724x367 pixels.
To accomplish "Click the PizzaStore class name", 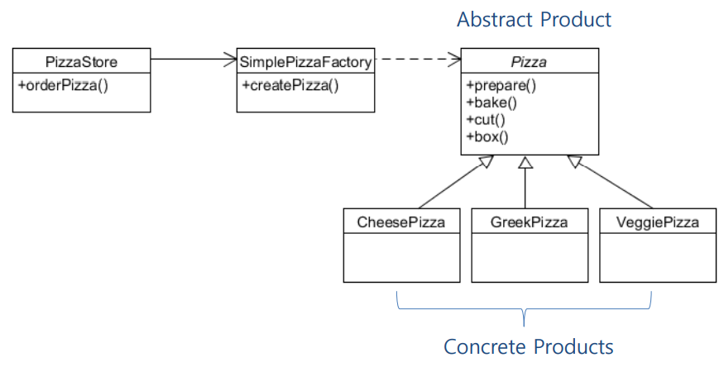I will (x=81, y=61).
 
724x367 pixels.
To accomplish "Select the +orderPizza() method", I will (x=63, y=84).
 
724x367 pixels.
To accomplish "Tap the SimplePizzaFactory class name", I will (x=305, y=61).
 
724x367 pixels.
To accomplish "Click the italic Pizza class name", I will (x=530, y=61).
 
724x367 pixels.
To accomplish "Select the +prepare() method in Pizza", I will (x=501, y=84).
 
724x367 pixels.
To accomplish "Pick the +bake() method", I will (x=491, y=102).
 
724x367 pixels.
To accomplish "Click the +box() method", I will (x=488, y=136).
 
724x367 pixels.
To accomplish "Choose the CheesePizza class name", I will (x=401, y=222).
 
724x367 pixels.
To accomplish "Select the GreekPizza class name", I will (x=530, y=222).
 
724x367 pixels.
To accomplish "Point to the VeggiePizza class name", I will (x=658, y=222).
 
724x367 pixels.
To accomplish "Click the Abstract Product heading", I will (x=534, y=19).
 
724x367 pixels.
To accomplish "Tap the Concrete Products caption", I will (x=529, y=346).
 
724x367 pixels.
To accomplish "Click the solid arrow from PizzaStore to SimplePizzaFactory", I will (x=194, y=59).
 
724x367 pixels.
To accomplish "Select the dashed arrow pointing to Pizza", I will (x=417, y=59).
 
